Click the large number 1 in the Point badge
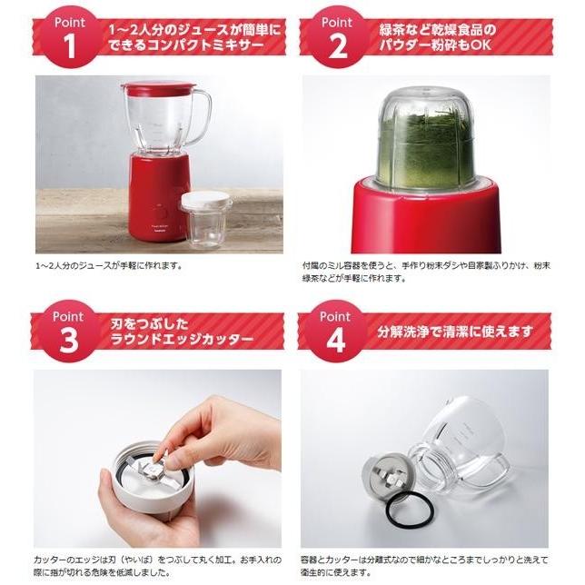70,46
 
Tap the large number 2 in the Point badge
337,46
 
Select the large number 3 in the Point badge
68,341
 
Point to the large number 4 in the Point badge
335,341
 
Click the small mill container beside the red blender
207,220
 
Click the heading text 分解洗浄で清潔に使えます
455,331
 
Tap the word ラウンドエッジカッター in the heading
182,340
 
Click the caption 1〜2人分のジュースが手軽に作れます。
108,265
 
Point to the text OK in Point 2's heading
481,45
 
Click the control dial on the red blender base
161,213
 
